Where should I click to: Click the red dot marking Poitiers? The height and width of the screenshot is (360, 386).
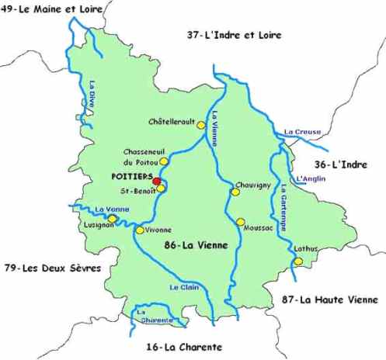click(x=157, y=181)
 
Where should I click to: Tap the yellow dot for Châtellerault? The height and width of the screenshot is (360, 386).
click(x=201, y=124)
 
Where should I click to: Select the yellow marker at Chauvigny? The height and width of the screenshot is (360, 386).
click(x=235, y=192)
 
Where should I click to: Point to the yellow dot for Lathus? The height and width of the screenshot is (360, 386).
click(x=297, y=261)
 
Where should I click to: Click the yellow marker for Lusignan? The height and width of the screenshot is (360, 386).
click(x=113, y=219)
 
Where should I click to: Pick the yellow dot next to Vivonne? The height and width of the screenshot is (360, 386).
click(x=139, y=230)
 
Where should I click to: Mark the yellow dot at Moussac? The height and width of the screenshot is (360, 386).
click(x=241, y=221)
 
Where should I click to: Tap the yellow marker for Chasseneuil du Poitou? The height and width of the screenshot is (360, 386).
click(x=164, y=161)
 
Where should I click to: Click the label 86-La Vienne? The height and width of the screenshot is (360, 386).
click(x=196, y=246)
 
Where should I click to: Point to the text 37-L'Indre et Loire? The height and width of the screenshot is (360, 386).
click(x=233, y=35)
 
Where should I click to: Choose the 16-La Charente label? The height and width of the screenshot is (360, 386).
click(x=184, y=347)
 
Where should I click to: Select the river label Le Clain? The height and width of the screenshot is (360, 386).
click(x=184, y=287)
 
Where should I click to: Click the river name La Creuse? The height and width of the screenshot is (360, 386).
click(x=298, y=133)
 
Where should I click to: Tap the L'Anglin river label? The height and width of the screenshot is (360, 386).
click(x=311, y=179)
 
